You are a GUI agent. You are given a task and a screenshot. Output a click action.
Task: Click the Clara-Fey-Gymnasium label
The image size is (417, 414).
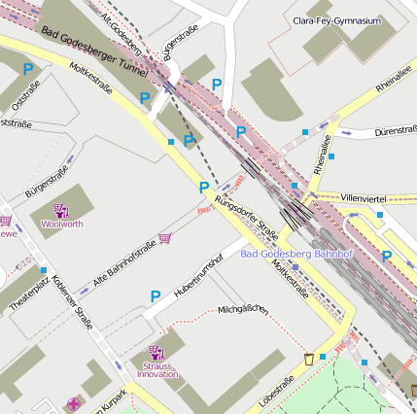pyautogui.click(x=336, y=20)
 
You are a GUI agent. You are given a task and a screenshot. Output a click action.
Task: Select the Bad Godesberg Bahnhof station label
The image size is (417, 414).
pyautogui.click(x=295, y=254)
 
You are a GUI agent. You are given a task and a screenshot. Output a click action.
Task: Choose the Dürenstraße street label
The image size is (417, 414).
pyautogui.click(x=396, y=130)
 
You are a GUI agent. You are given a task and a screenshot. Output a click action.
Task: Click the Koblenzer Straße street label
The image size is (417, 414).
pyautogui.click(x=72, y=307)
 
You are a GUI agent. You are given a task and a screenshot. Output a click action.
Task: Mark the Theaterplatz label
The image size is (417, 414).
pyautogui.click(x=29, y=295)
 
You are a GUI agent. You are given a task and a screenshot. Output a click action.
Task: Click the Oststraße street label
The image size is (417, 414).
pyautogui.click(x=26, y=94)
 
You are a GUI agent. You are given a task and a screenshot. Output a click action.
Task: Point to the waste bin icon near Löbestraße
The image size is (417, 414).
pyautogui.click(x=309, y=360)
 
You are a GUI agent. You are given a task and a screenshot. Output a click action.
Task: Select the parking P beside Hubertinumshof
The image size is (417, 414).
pyautogui.click(x=155, y=296)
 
